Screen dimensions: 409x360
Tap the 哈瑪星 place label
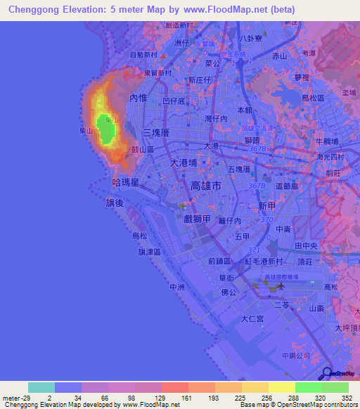click(x=124, y=181)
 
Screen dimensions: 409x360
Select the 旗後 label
click(x=115, y=202)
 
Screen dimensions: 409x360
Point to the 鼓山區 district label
click(x=143, y=150)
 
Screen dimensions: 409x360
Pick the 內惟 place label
click(x=137, y=99)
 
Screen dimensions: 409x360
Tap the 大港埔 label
click(x=185, y=162)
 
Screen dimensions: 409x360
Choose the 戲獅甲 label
click(x=198, y=219)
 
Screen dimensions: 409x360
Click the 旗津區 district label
click(x=150, y=252)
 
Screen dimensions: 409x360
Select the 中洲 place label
click(x=176, y=287)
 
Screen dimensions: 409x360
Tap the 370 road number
click(x=265, y=220)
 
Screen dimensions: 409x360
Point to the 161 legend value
click(x=187, y=398)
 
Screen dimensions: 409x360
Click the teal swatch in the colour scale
click(x=41, y=387)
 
